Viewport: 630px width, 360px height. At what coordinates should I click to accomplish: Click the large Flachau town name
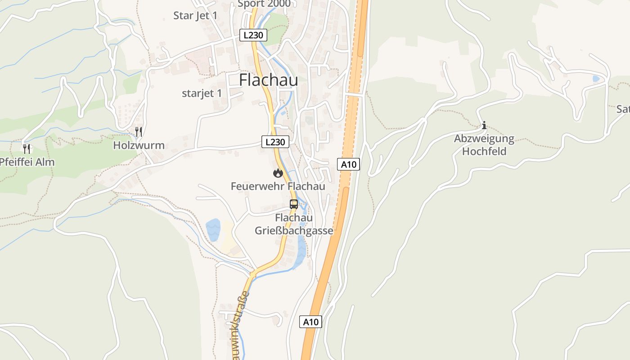pos(268,80)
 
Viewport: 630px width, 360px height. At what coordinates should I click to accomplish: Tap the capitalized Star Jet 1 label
pos(195,16)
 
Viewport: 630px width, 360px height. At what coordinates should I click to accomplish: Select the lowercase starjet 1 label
pos(202,94)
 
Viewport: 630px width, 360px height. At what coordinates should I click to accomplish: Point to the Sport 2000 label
pos(264,4)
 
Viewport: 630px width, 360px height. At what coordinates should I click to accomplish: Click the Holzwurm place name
pos(139,146)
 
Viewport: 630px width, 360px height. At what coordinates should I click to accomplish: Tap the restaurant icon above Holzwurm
pos(139,132)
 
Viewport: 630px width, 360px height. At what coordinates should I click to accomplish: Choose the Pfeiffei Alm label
pos(27,162)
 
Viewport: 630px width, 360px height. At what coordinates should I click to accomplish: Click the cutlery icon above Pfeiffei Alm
pos(27,148)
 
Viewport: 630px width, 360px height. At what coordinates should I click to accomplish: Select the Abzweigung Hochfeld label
pos(484,145)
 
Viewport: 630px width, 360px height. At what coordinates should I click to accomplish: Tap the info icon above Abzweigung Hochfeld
pos(484,125)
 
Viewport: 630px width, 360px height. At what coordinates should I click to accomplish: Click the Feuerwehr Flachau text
pos(278,186)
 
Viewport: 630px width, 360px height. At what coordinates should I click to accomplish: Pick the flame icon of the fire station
pos(278,173)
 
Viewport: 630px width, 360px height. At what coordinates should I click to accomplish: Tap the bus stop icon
pos(294,204)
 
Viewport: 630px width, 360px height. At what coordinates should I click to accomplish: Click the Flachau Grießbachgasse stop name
pos(294,225)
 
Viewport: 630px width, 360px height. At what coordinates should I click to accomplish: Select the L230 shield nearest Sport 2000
pos(253,35)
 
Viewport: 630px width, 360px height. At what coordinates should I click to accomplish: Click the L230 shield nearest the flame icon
pos(275,142)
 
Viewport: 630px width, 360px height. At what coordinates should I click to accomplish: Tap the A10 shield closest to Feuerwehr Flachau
pos(348,164)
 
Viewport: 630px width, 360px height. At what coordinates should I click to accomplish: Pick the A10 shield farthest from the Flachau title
pos(311,322)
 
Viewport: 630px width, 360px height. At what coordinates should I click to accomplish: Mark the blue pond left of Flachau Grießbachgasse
pos(213,229)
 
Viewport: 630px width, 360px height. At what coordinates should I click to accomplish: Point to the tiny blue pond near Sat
pos(596,79)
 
